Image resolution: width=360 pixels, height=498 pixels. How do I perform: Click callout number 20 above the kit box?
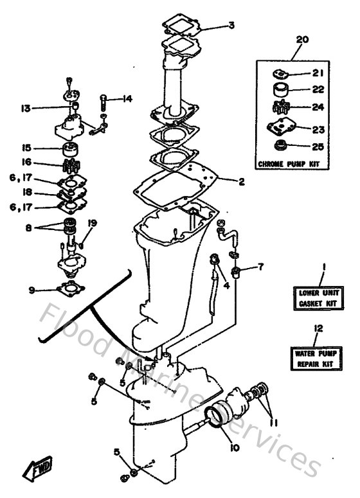(x=301, y=39)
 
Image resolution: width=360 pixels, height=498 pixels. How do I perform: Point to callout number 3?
(x=231, y=26)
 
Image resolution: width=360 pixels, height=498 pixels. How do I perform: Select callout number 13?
(x=25, y=108)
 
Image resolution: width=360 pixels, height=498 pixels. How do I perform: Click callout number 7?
(x=260, y=265)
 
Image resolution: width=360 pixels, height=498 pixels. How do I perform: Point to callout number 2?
(x=241, y=182)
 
